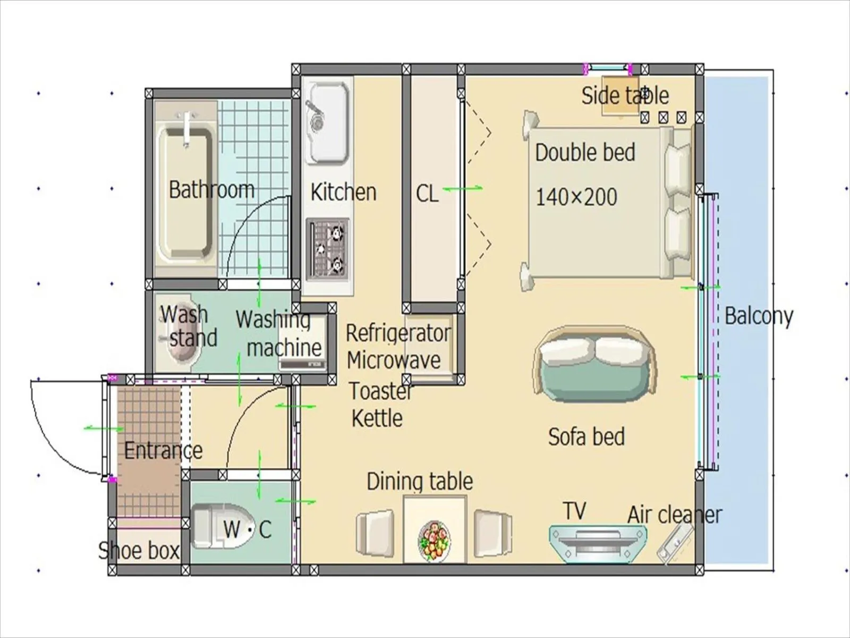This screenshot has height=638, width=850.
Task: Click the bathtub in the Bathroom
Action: click(185, 191)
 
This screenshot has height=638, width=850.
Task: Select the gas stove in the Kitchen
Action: click(328, 249)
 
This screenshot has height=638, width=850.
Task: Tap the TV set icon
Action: click(597, 542)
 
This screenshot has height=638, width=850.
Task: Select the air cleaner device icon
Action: click(675, 542)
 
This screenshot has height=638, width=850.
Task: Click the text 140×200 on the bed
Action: click(576, 197)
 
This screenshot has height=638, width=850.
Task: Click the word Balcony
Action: click(758, 316)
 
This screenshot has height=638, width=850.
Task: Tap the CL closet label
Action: click(427, 194)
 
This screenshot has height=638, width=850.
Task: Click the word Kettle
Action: click(377, 418)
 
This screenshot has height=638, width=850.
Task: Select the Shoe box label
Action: click(139, 550)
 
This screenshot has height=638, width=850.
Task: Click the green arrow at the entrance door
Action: click(104, 429)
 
